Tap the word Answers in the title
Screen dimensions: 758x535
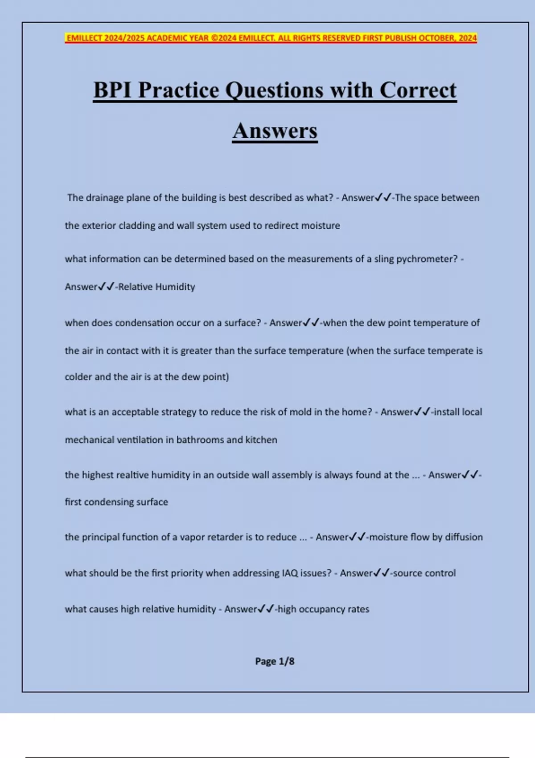pyautogui.click(x=275, y=131)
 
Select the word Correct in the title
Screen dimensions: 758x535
pyautogui.click(x=418, y=90)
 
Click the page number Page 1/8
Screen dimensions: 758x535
pyautogui.click(x=275, y=661)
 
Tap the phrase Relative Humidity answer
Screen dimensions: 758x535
pyautogui.click(x=156, y=287)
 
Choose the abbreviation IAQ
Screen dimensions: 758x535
pyautogui.click(x=290, y=573)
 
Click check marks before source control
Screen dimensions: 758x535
pyautogui.click(x=382, y=573)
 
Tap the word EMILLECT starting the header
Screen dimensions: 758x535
pyautogui.click(x=84, y=38)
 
